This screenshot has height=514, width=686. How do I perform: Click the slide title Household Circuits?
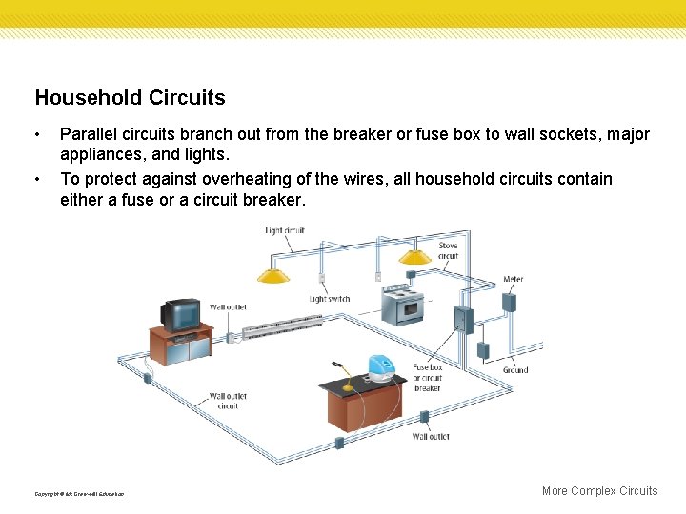coord(130,98)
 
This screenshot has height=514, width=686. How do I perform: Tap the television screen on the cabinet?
coord(183,313)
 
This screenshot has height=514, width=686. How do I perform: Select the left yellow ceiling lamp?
coord(273,275)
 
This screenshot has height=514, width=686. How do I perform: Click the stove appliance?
coord(401,306)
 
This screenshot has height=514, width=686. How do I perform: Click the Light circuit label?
coord(286,231)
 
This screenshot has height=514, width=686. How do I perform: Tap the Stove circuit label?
coord(448,250)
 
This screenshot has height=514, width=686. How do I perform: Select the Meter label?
coord(513,280)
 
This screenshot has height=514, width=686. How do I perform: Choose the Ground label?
coord(515,370)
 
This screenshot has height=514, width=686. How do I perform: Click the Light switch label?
coord(330,299)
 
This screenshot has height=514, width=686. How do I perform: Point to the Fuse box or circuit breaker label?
coord(427,378)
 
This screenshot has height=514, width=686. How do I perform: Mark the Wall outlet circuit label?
coord(229,401)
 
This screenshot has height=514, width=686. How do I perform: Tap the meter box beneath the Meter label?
coord(510,302)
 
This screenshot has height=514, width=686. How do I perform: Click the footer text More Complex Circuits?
coord(599,491)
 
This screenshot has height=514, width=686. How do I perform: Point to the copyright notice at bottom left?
coord(79,493)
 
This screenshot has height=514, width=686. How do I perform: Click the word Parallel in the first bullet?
coord(88,134)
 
